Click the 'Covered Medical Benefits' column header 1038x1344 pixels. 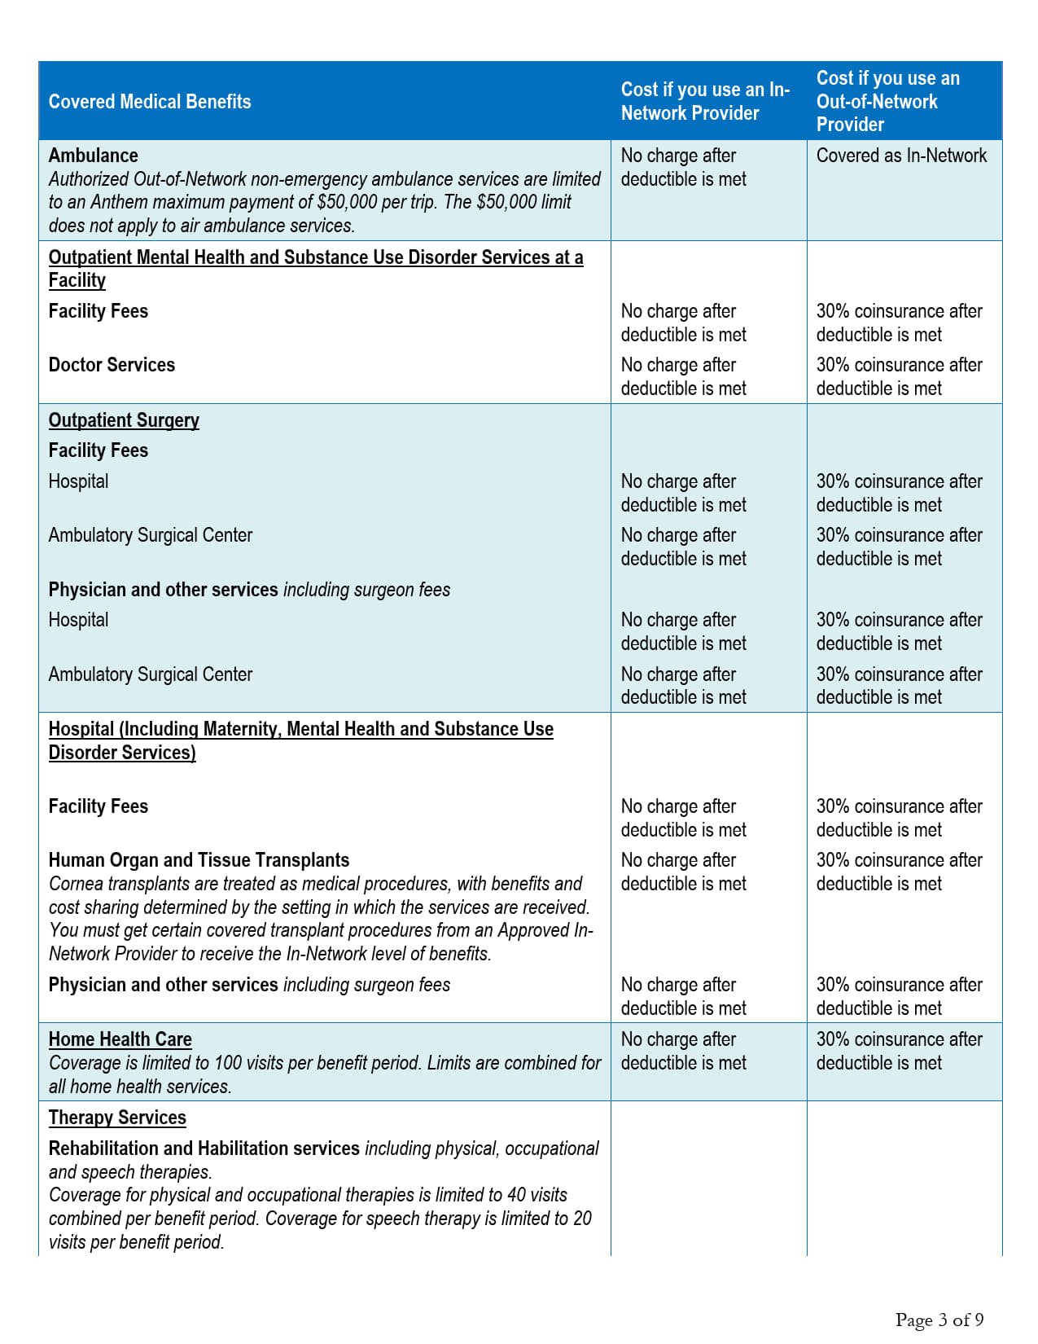[x=150, y=102]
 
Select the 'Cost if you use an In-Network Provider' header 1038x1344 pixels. [x=705, y=102]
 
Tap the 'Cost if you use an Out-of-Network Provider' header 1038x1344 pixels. [x=888, y=102]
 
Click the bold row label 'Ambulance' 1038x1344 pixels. [x=94, y=156]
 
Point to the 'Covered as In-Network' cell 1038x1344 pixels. [x=901, y=156]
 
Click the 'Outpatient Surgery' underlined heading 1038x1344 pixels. [x=124, y=420]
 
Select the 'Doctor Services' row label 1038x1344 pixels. [x=112, y=365]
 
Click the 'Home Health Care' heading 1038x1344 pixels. [x=120, y=1039]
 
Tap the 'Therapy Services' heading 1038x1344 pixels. [x=117, y=1118]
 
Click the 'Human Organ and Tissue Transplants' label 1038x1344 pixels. [x=199, y=860]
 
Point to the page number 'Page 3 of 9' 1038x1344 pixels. [x=939, y=1320]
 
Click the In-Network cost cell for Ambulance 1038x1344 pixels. [x=684, y=167]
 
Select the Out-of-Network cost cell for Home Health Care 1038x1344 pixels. [x=899, y=1051]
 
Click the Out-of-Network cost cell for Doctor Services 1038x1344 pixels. [x=899, y=376]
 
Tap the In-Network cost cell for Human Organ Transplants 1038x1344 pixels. [x=684, y=872]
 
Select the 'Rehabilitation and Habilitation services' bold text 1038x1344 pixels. [x=204, y=1149]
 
